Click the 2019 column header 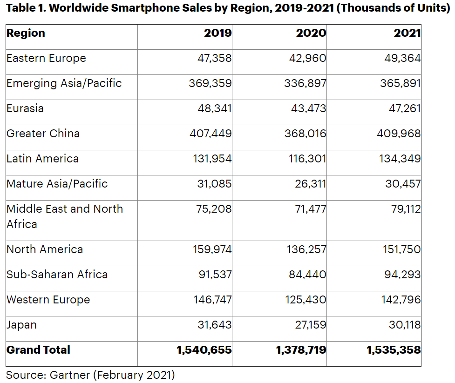click(x=217, y=34)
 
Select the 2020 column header click(x=311, y=34)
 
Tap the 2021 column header click(x=407, y=34)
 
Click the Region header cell click(x=26, y=34)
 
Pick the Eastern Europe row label click(x=46, y=59)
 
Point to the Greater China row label click(x=43, y=134)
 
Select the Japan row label click(x=21, y=325)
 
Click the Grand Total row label click(x=38, y=350)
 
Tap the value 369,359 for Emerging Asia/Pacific click(x=210, y=84)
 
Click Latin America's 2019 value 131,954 click(x=212, y=159)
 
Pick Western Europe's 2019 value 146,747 click(x=212, y=300)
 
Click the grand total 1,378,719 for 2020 click(x=301, y=350)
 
